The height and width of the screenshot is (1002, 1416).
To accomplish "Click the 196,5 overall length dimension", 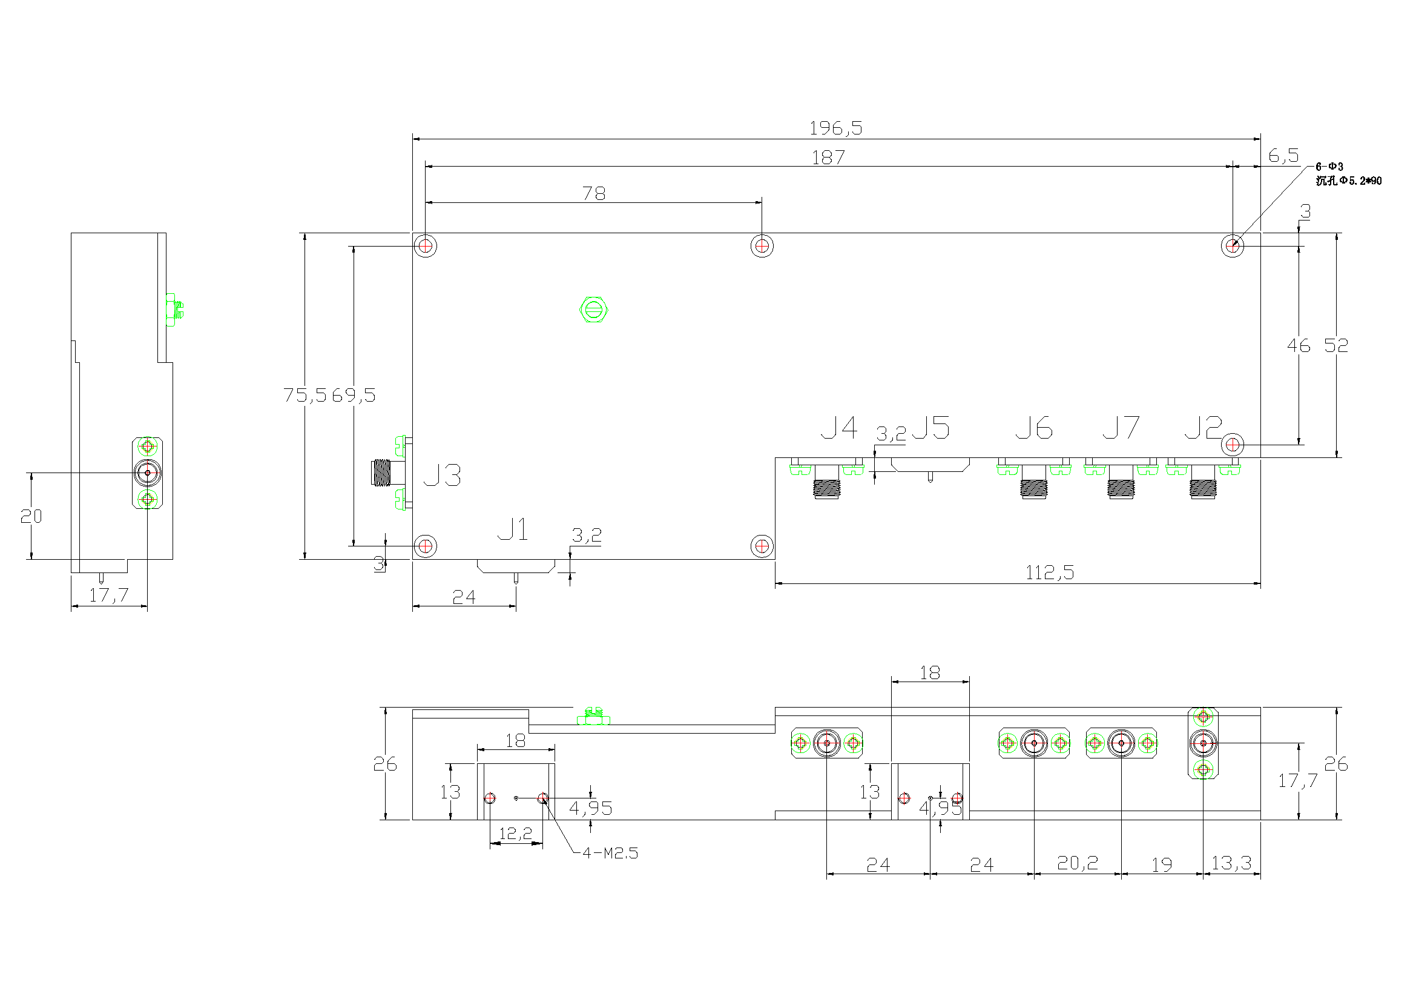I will point(835,128).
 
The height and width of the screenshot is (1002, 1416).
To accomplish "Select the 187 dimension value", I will point(828,158).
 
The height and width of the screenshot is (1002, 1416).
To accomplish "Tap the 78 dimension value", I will point(594,194).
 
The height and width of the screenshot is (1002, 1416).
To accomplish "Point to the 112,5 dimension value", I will point(1050,573).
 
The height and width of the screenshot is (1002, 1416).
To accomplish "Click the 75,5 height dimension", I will point(305,395).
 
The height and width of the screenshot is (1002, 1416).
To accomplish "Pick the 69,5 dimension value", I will point(354,396).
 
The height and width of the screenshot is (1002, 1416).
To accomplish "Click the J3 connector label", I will point(442,476).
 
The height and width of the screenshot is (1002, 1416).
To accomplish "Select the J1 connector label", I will point(513,530).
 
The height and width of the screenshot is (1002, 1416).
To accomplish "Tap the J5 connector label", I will point(930,428).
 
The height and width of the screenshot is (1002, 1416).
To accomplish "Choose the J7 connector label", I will point(1121,428).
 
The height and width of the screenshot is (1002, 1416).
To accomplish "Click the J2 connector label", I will point(1204,428).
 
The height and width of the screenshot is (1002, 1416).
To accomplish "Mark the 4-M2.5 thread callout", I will point(610,854).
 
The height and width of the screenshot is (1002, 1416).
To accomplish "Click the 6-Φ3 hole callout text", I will point(1329,167).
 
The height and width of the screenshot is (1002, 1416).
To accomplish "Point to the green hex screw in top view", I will point(594,310).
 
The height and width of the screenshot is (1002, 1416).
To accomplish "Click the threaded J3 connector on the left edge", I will point(384,473).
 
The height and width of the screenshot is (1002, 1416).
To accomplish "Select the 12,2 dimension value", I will point(516,834).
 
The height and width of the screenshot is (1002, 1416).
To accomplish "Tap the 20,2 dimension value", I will point(1078,863).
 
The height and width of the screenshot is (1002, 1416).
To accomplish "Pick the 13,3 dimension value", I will point(1231,863).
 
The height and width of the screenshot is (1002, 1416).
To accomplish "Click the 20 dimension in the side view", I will point(31,516).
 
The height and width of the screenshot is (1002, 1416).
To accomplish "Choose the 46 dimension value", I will point(1298,346).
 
